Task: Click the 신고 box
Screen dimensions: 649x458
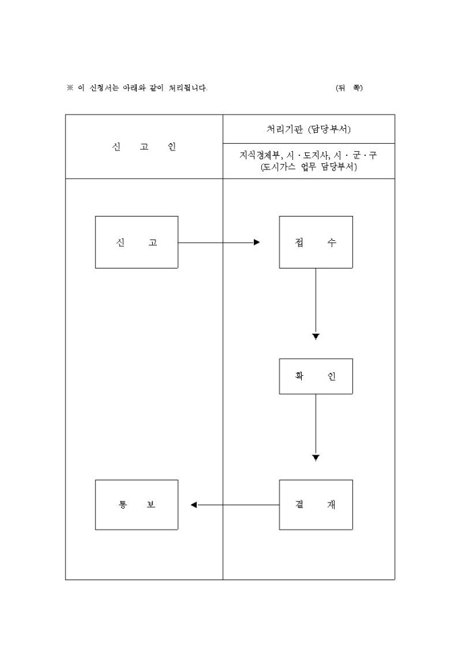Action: pos(136,242)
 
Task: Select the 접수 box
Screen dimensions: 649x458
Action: pos(315,242)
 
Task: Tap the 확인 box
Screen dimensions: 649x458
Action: pos(315,376)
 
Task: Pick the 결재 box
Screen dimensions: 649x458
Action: pos(315,505)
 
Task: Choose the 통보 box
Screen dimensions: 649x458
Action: pos(136,505)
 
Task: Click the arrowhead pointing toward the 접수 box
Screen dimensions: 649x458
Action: pos(257,242)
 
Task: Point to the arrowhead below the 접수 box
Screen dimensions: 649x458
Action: pos(315,336)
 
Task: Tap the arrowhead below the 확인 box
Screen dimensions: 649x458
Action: pos(315,457)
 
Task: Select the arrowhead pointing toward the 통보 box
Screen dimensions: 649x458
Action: pos(194,505)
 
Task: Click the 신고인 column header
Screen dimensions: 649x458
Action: pos(144,147)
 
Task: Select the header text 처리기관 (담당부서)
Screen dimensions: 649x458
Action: pos(308,129)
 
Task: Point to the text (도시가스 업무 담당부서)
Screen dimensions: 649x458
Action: pos(308,167)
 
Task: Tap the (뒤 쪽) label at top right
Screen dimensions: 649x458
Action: pos(348,88)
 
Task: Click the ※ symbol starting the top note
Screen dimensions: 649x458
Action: pos(69,88)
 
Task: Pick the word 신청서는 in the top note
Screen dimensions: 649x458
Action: pos(104,88)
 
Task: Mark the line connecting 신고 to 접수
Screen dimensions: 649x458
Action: pos(216,242)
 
